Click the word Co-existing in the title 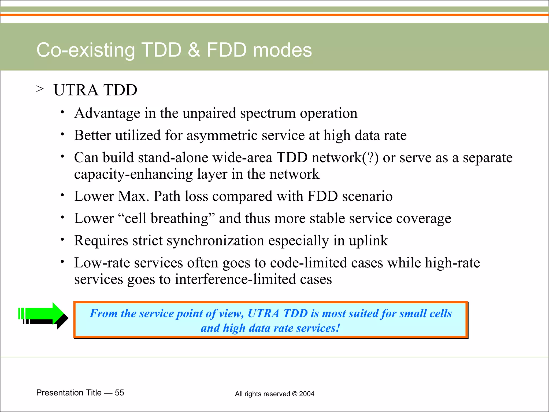(86, 50)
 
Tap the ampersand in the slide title (194, 50)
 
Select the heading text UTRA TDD (95, 90)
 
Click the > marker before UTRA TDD (40, 89)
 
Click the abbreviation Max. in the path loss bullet (133, 196)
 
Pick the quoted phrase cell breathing (166, 218)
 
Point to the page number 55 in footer (119, 393)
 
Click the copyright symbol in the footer (295, 394)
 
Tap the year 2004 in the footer (307, 394)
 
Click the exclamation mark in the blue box (338, 328)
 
